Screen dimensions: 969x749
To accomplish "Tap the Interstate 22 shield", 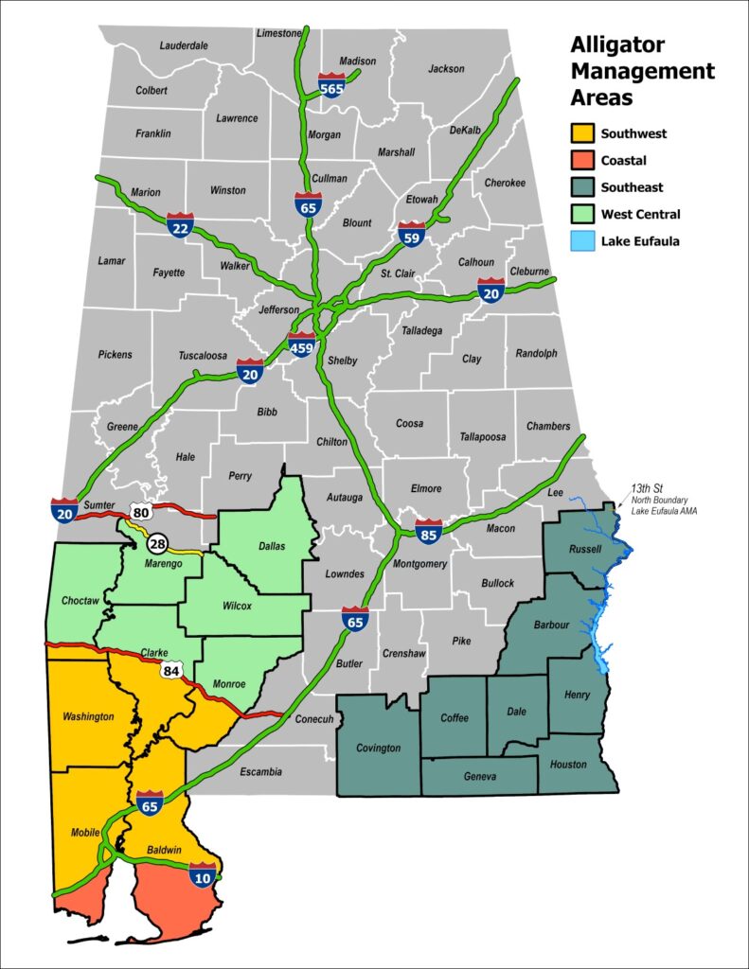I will click(180, 224).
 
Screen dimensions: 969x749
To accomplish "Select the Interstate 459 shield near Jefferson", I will click(301, 344).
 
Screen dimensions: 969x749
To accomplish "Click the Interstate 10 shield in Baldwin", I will click(202, 874).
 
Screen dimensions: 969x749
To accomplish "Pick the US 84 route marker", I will click(171, 671).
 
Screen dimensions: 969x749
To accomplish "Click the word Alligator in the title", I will click(617, 45).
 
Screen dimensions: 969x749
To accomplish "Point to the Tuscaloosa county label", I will click(203, 356).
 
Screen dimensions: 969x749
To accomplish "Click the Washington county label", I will click(87, 716).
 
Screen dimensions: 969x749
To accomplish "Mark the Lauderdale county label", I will click(184, 44).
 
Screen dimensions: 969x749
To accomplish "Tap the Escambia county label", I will click(260, 772).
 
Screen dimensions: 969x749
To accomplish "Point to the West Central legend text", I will click(640, 215).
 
